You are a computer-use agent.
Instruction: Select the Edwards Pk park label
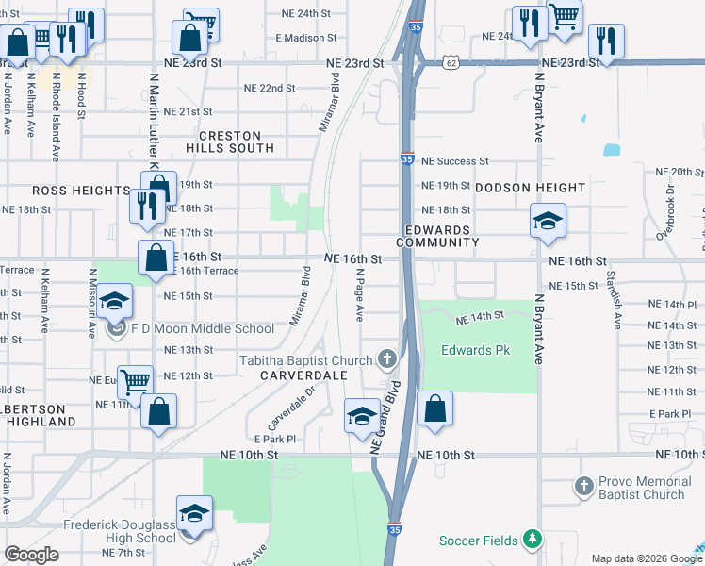(x=475, y=351)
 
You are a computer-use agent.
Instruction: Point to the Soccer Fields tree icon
(x=533, y=540)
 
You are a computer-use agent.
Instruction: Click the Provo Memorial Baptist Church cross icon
(x=585, y=488)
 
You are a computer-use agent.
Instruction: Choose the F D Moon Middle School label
(x=203, y=329)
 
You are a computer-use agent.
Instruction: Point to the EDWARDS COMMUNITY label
(x=437, y=237)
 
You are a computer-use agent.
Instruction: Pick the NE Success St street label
(x=454, y=161)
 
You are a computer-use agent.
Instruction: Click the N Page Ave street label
(x=360, y=294)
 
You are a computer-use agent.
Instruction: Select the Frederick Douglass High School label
(x=119, y=530)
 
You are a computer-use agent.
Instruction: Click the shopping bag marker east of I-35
(x=434, y=409)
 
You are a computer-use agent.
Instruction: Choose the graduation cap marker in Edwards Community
(x=548, y=221)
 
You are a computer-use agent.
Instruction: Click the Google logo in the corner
(x=31, y=555)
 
